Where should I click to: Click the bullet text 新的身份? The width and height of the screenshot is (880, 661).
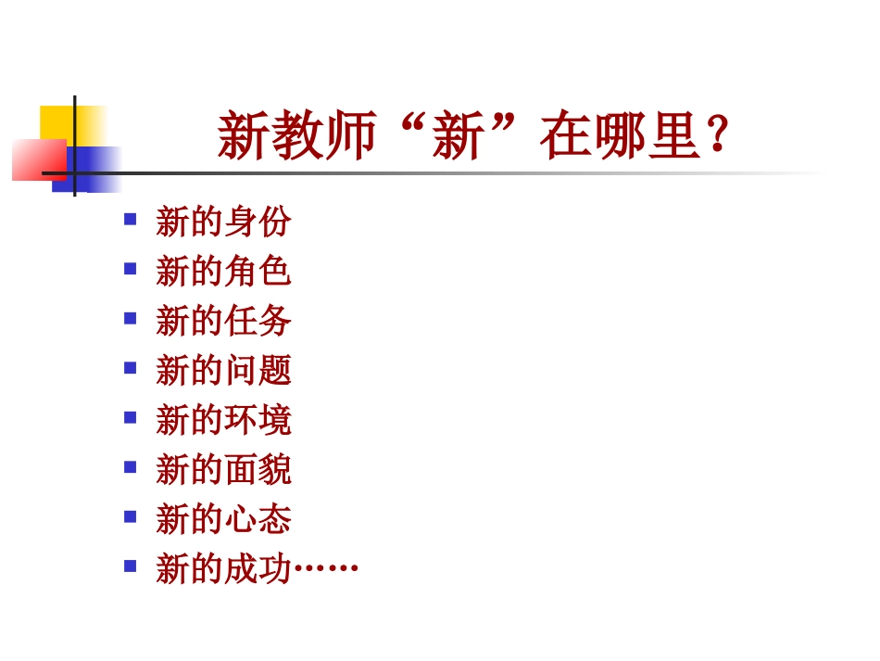(223, 222)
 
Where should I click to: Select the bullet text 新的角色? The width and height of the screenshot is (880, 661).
(223, 272)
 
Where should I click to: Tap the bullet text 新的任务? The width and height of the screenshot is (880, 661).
(223, 321)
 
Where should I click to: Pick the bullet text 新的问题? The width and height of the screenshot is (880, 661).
(223, 371)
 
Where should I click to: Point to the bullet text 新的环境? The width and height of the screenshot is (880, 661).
(223, 420)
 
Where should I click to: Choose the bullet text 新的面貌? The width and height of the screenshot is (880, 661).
(223, 470)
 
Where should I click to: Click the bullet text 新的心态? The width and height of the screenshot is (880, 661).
(223, 519)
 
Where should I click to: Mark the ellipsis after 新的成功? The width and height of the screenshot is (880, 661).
(325, 568)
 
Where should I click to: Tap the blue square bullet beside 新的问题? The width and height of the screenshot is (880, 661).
(131, 367)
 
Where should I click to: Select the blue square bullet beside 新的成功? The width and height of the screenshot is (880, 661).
(131, 565)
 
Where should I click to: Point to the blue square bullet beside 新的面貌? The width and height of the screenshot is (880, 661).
(131, 466)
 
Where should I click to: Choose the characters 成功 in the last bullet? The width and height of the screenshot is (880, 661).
(258, 568)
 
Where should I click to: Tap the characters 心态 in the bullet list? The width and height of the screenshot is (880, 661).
(258, 519)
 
